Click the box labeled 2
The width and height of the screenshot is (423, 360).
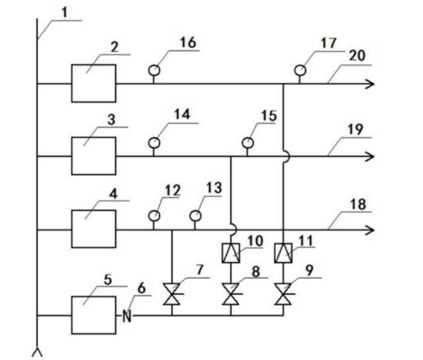pos(93,83)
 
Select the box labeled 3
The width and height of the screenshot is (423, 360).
pos(93,156)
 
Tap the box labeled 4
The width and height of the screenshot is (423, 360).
pos(93,229)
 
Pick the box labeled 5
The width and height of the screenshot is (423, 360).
pos(93,315)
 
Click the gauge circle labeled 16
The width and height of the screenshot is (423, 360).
pos(153,70)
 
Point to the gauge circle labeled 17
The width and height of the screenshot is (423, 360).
pos(299,70)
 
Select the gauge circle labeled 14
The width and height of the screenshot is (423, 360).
pos(154,143)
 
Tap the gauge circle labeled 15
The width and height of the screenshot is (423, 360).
pos(247,143)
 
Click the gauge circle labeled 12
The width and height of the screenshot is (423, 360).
pos(154,216)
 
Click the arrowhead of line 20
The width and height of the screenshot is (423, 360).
pos(370,83)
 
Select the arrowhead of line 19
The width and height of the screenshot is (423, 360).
pos(370,157)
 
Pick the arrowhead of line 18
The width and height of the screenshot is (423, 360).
pos(370,230)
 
